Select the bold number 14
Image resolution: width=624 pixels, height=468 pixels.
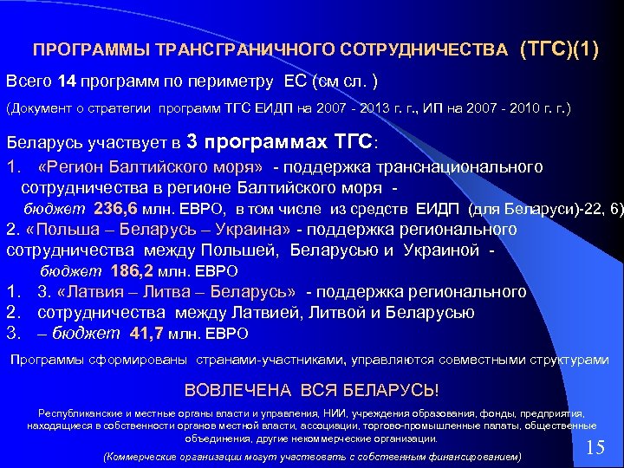coord(67,81)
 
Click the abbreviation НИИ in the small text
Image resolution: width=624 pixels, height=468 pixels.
coord(333,413)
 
